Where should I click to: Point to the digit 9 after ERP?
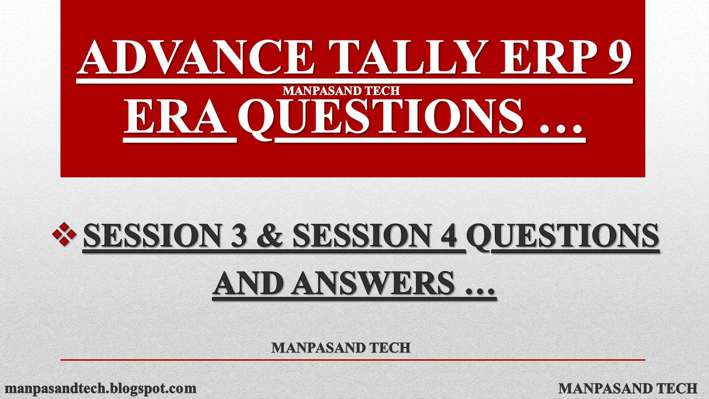pyautogui.click(x=616, y=58)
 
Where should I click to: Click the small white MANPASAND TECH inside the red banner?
pyautogui.click(x=341, y=91)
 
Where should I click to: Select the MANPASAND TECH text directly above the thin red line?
pyautogui.click(x=341, y=347)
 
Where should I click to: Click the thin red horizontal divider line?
pyautogui.click(x=353, y=359)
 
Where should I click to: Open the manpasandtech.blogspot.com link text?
pyautogui.click(x=100, y=388)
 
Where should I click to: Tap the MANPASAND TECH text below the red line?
pyautogui.click(x=628, y=388)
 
